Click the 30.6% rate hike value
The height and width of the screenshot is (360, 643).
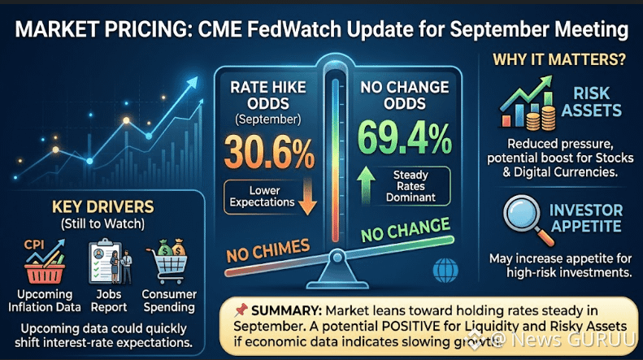click(x=269, y=153)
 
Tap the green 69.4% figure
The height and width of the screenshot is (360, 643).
click(x=405, y=138)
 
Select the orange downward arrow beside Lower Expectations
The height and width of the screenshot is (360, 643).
click(x=307, y=197)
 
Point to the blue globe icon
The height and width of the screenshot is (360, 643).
click(x=445, y=271)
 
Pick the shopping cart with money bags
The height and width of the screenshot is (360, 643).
click(x=167, y=262)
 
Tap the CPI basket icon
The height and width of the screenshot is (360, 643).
click(x=44, y=262)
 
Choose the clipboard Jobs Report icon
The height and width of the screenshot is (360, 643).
click(x=110, y=262)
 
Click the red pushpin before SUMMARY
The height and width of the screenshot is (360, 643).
click(x=241, y=310)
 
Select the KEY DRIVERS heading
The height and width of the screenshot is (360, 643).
click(x=103, y=207)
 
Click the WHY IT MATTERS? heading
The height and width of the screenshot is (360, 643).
click(x=559, y=59)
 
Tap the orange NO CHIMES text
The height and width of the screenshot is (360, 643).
click(x=268, y=250)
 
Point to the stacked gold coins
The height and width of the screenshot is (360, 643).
click(x=541, y=117)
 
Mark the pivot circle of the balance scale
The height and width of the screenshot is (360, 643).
click(x=337, y=257)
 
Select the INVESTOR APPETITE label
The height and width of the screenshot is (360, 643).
click(x=586, y=218)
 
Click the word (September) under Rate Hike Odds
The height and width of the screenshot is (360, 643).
click(x=267, y=119)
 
